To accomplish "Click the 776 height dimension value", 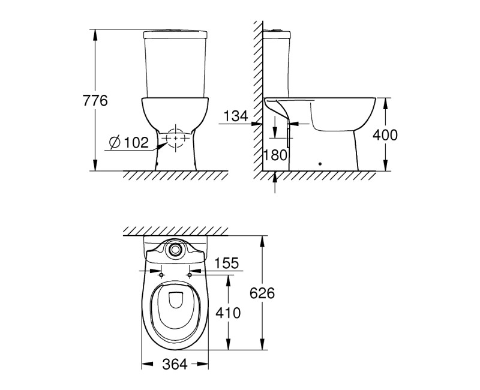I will pos(95,101).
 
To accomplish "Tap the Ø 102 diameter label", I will pos(128,142).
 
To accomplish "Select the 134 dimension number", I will pos(235,116).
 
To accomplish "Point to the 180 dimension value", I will pos(275,155).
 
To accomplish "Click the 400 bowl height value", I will pos(385,135).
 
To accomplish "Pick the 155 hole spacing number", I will pos(226,263).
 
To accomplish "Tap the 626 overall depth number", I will pos(262,293).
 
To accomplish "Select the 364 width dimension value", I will pos(175,364).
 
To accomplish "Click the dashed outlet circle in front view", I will pos(175,139).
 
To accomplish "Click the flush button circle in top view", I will pos(175,248).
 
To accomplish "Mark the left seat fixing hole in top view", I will pos(161,274).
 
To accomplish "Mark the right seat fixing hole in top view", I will pos(190,274).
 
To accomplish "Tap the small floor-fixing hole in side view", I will pos(320,163).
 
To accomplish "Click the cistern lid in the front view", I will pos(175,31).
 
